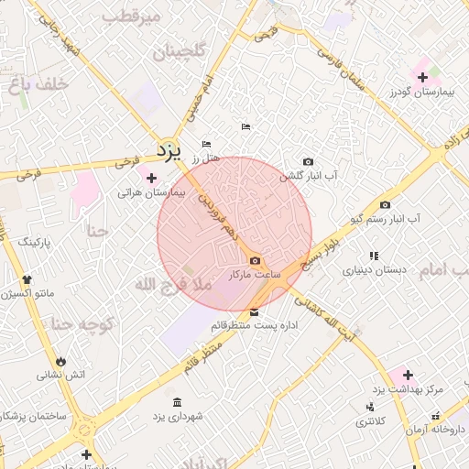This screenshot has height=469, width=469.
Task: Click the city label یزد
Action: pos(169,149)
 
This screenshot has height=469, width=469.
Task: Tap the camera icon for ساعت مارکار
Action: pos(254,261)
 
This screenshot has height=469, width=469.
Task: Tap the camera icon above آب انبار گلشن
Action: pos(307,161)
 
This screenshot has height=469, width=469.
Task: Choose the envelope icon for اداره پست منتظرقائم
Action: pos(254,312)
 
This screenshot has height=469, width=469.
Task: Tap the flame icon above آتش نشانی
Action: pos(61,361)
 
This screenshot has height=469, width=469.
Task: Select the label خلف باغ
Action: pos(39,84)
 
